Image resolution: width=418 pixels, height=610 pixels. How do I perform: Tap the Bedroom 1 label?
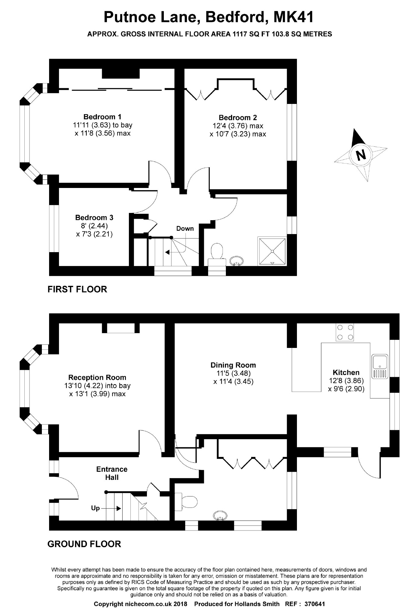(x=102, y=117)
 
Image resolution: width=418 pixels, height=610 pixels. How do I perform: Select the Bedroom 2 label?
(x=238, y=117)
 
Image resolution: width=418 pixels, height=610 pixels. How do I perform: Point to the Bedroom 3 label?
(x=94, y=217)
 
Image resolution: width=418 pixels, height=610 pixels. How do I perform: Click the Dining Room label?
(x=233, y=365)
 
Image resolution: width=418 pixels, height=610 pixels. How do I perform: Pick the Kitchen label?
(x=346, y=372)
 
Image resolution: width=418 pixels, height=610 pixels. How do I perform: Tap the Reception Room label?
(x=97, y=377)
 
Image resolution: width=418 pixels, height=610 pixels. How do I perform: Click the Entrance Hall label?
(x=112, y=473)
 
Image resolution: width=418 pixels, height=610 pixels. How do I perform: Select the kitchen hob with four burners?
(x=345, y=332)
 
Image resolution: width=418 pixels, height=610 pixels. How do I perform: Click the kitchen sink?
(x=380, y=366)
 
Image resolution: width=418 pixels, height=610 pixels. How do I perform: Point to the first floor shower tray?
(x=272, y=252)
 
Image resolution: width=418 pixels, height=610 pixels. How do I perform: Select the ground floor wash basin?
(x=220, y=515)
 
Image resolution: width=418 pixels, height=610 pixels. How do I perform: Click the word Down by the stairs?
(x=185, y=228)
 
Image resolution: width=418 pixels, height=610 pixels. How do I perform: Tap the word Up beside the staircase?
(x=95, y=508)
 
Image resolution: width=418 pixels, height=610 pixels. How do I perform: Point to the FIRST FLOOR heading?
(x=77, y=289)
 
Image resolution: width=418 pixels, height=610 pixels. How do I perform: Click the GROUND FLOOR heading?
(x=84, y=544)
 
